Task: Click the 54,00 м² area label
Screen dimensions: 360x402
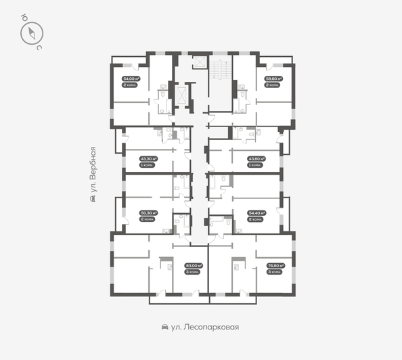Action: [x=131, y=79]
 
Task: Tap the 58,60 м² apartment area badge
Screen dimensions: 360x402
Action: [x=273, y=79]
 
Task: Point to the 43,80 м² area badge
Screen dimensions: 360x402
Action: [x=256, y=159]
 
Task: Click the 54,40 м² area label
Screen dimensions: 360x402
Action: [x=256, y=212]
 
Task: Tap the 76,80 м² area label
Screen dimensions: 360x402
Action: [x=273, y=266]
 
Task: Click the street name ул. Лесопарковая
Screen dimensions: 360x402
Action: [x=206, y=327]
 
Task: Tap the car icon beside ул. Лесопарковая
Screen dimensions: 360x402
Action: [x=165, y=327]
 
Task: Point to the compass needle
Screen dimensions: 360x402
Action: [x=32, y=33]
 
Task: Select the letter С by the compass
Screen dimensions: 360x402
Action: [x=40, y=48]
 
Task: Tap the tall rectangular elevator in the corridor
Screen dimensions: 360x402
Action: [x=181, y=97]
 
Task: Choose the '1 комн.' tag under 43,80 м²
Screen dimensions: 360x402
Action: [x=256, y=166]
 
